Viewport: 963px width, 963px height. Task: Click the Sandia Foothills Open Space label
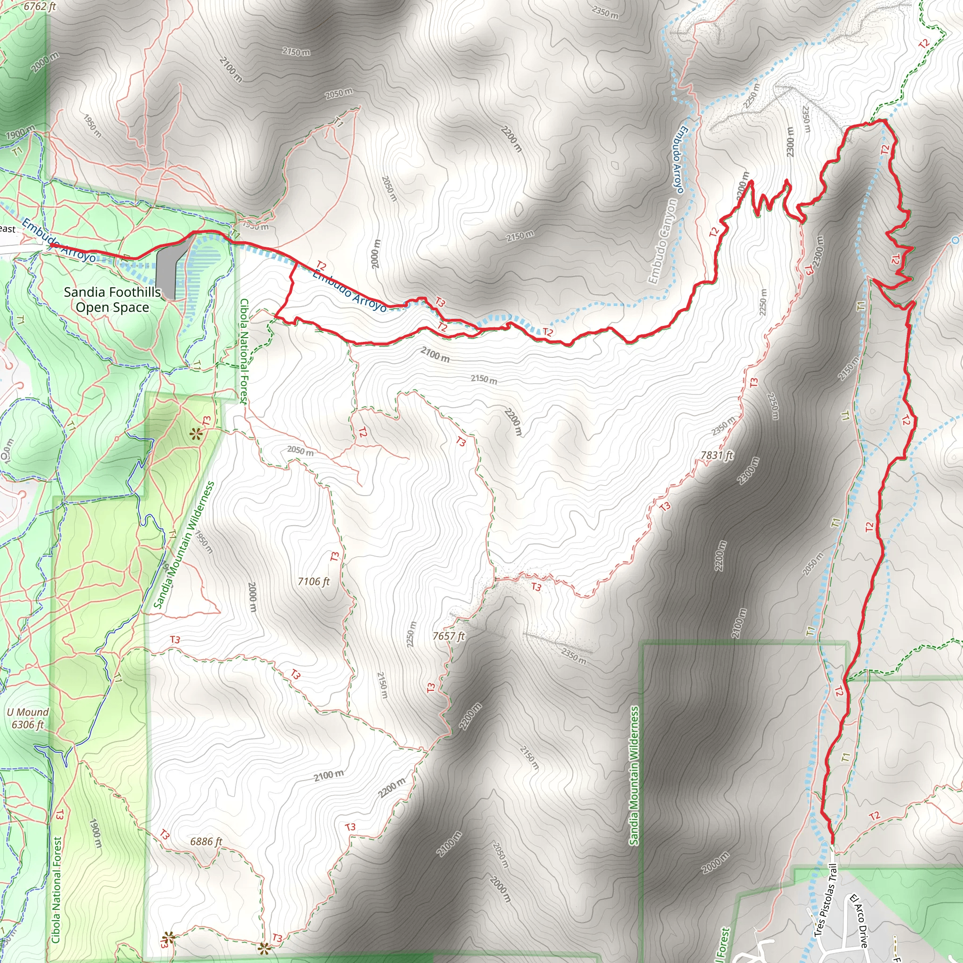tap(112, 299)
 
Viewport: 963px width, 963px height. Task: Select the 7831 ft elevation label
tap(717, 455)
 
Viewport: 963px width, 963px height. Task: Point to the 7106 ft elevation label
tap(314, 581)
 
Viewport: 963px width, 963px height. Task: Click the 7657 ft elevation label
tap(449, 636)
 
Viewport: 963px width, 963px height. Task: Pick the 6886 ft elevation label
tap(206, 841)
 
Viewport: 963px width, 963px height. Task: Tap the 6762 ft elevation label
tap(40, 7)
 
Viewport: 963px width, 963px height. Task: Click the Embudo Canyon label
tap(663, 241)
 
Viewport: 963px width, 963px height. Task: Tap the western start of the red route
tap(51, 245)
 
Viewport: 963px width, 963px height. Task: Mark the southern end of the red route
tap(832, 841)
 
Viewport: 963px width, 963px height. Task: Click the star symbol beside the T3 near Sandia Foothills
tap(195, 434)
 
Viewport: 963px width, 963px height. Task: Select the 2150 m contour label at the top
tap(296, 51)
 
